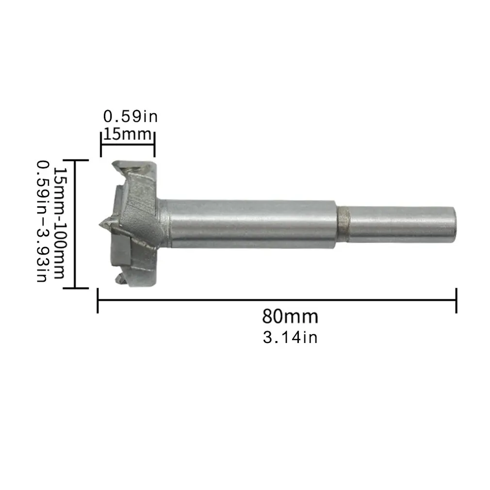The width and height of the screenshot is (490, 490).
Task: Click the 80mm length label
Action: [290, 316]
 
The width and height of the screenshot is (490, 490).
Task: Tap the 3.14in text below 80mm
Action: [290, 337]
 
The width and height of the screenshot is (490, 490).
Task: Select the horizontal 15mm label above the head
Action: [127, 134]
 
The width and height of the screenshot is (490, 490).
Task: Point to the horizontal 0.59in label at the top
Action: [131, 117]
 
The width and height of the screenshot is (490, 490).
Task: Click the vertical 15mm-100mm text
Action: [59, 223]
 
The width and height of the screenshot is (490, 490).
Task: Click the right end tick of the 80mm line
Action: [456, 301]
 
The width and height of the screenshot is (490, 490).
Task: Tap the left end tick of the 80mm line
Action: [98, 301]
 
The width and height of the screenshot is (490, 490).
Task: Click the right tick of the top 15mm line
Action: [154, 143]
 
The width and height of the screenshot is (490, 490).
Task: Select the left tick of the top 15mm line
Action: [101, 143]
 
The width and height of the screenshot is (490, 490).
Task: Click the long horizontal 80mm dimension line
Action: [277, 301]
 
